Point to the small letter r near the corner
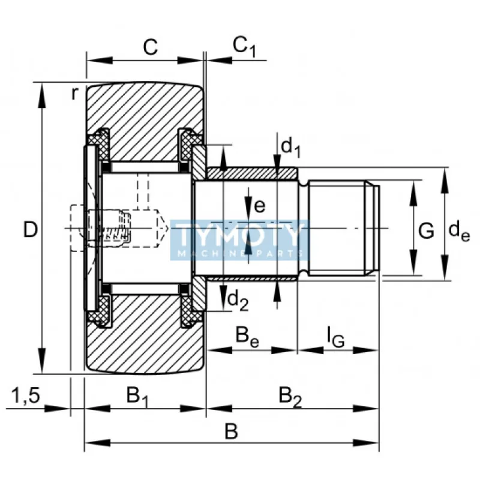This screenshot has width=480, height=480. click(x=75, y=93)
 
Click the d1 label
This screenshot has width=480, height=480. click(x=291, y=146)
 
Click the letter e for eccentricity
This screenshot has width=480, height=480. click(x=259, y=206)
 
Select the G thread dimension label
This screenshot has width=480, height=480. click(x=425, y=230)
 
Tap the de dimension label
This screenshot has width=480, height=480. click(x=460, y=230)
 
